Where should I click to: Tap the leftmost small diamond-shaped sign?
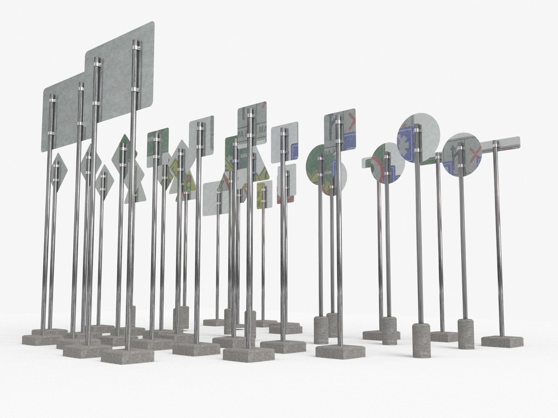[58, 172]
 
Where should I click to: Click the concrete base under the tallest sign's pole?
[128, 354]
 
